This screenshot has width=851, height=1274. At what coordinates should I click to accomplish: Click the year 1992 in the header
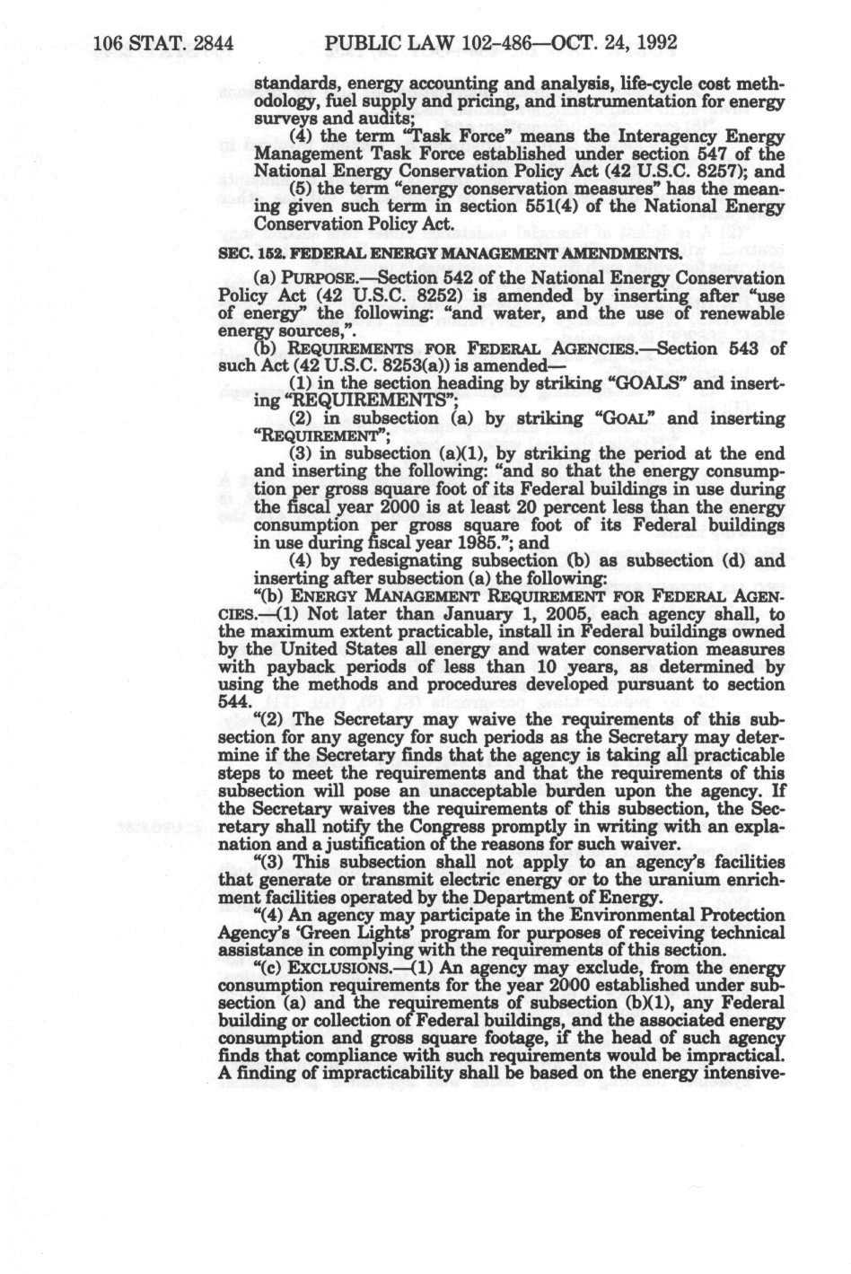point(653,42)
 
